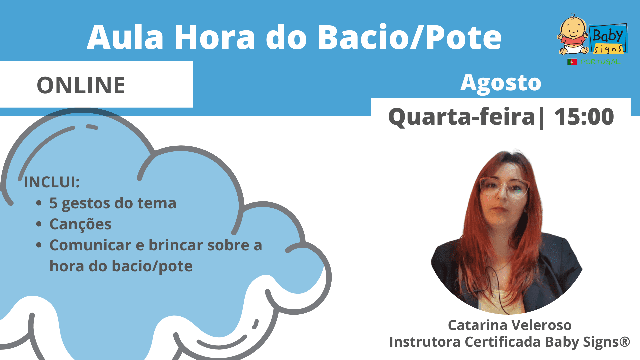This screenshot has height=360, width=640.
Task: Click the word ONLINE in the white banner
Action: pos(81,85)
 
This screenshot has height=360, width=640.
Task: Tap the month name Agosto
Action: pos(501,83)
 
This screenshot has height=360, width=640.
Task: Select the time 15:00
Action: pos(584,117)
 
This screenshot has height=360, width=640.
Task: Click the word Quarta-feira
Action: pos(462,117)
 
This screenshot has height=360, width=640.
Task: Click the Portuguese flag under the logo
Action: pos(572,62)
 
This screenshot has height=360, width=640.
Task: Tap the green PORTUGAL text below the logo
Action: pos(600,62)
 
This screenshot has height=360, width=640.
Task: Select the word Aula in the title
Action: pos(125,37)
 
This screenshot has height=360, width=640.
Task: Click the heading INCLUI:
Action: pos(52,182)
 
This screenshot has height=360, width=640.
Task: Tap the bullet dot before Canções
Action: pos(39,224)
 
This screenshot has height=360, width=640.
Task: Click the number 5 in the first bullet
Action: pos(53,203)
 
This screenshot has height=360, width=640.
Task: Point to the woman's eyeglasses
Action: pos(504,188)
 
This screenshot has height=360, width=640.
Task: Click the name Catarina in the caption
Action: pos(477,325)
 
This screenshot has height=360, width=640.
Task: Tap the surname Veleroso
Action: pos(542,325)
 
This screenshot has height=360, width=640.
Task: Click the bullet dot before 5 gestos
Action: pos(39,203)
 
